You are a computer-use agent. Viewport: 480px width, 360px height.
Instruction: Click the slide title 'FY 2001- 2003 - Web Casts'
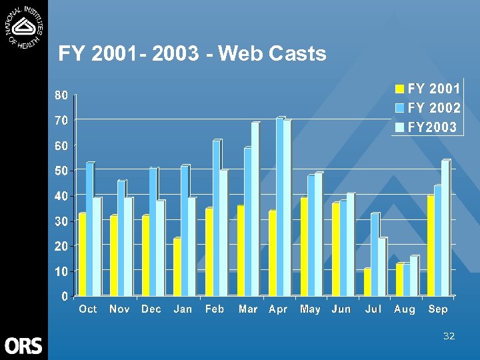(192, 53)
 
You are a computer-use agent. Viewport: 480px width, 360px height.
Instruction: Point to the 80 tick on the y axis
(61, 95)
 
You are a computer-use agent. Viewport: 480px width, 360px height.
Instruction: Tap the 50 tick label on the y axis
(61, 171)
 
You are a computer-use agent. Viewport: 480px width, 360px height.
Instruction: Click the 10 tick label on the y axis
(61, 271)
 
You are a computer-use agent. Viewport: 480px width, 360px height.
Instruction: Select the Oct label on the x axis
(88, 309)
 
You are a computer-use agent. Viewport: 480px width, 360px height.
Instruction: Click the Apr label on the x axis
(278, 309)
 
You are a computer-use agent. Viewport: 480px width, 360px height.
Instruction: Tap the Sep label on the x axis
(438, 309)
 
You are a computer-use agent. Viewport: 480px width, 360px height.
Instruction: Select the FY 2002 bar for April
(280, 207)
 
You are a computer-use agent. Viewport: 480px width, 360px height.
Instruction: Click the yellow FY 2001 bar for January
(177, 267)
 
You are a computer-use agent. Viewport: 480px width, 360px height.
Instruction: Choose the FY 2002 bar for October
(89, 229)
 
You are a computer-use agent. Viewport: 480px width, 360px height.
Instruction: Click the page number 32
(449, 336)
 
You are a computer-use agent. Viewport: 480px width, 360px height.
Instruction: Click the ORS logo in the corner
(23, 345)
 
